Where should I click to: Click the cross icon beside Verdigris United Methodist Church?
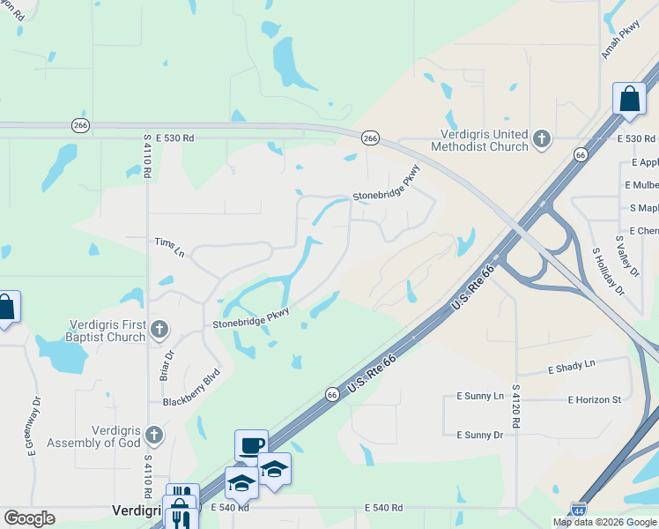pos(541,139)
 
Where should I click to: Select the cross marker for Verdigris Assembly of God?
pos(154,436)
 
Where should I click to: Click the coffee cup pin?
pos(251,445)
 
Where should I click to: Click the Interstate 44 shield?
pos(578,510)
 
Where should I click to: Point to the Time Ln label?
pos(169,247)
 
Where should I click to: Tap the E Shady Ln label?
pos(572,365)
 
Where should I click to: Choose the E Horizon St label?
pos(598,399)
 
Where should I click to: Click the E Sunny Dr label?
pos(479,435)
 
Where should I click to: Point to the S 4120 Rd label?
pos(515,406)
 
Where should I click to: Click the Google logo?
pos(29,518)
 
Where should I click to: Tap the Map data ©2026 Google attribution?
pos(604,522)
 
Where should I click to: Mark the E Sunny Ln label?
pos(479,397)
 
